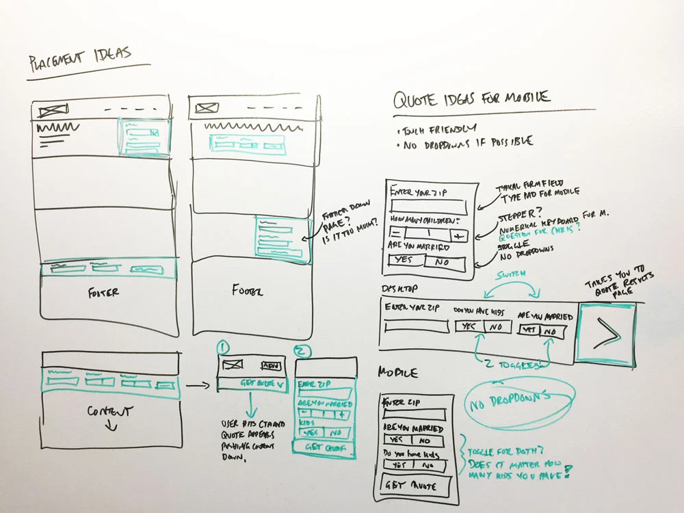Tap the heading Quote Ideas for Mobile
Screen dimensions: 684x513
471,99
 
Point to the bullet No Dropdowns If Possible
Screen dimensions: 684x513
465,142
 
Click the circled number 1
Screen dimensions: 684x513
222,347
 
